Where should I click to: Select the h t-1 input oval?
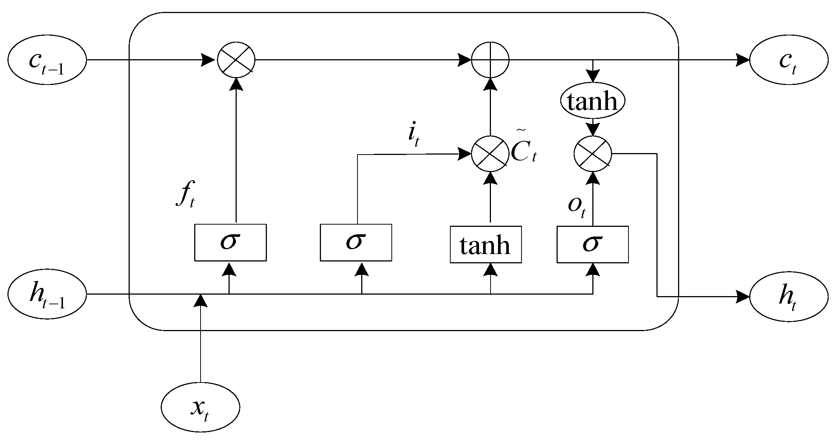[47, 294]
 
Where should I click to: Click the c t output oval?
[789, 60]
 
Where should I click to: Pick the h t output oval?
[789, 297]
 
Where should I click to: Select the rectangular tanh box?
[486, 244]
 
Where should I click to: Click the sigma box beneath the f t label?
[230, 242]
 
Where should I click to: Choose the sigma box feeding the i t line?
[356, 242]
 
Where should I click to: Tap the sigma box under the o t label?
[593, 244]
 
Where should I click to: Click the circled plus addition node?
[490, 60]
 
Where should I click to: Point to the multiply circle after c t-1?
[236, 60]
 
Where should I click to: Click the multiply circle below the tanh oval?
[593, 153]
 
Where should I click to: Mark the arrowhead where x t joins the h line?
[201, 300]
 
